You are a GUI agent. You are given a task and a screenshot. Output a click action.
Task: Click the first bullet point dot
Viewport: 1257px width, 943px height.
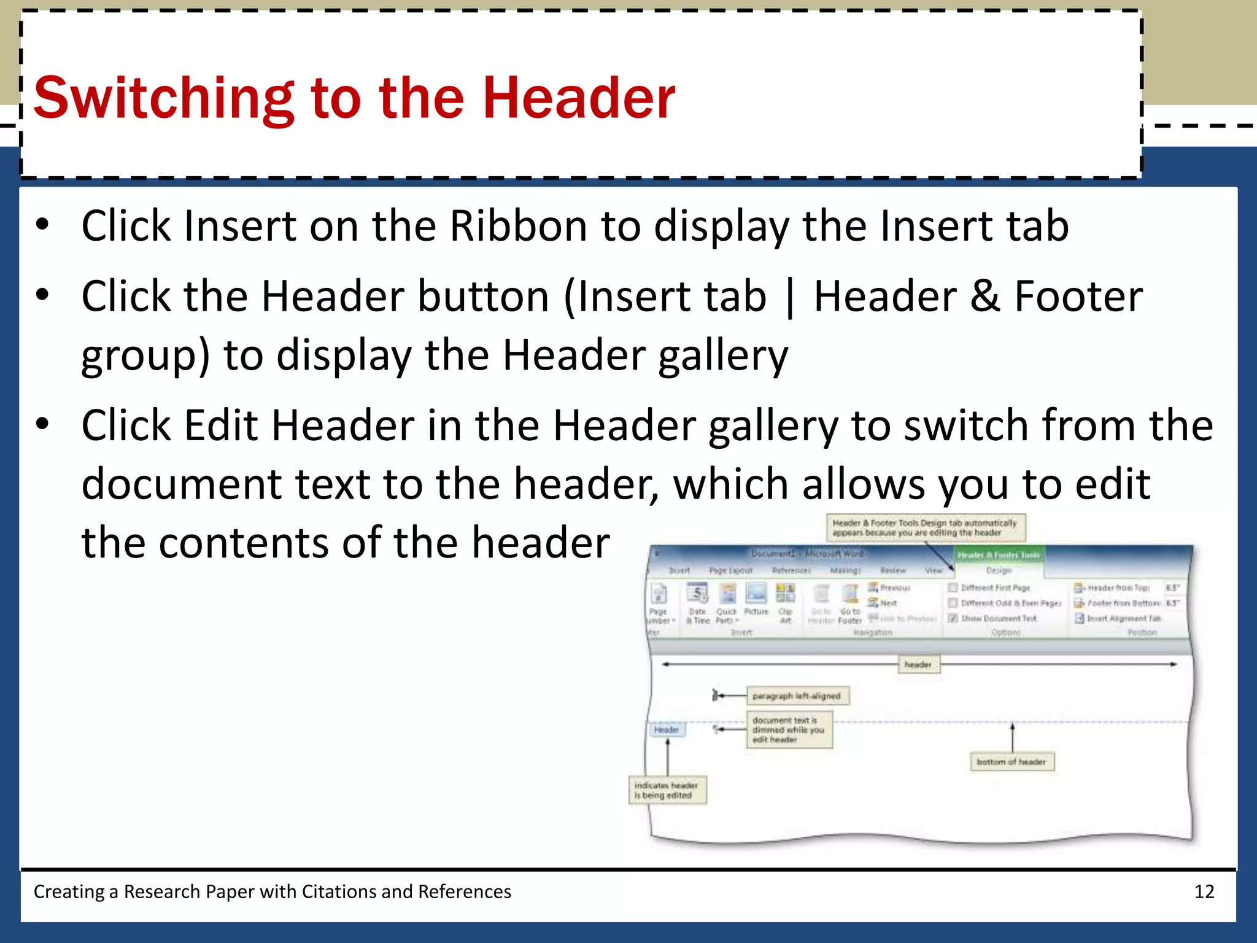point(42,225)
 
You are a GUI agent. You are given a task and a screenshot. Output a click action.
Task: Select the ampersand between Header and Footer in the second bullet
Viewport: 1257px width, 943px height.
point(985,297)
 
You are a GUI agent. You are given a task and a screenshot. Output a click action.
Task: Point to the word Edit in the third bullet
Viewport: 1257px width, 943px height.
point(221,425)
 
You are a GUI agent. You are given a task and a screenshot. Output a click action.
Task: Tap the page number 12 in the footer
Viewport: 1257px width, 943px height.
point(1204,891)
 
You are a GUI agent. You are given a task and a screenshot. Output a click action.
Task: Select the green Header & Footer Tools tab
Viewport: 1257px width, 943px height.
point(999,555)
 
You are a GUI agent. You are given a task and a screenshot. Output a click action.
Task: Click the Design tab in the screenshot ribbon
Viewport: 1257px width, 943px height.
point(999,570)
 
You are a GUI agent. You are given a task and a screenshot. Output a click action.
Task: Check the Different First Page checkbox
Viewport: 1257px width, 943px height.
point(953,588)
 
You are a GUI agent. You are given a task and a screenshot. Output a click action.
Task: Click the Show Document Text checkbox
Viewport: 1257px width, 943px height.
point(953,618)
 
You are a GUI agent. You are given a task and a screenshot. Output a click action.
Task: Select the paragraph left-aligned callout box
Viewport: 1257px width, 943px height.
point(797,696)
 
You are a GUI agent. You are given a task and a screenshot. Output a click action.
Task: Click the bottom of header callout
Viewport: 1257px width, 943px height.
point(1011,762)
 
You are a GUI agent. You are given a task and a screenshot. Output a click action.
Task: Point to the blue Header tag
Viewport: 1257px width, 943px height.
point(667,729)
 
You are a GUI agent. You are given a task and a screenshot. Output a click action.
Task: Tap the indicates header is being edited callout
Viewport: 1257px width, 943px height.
point(667,790)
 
